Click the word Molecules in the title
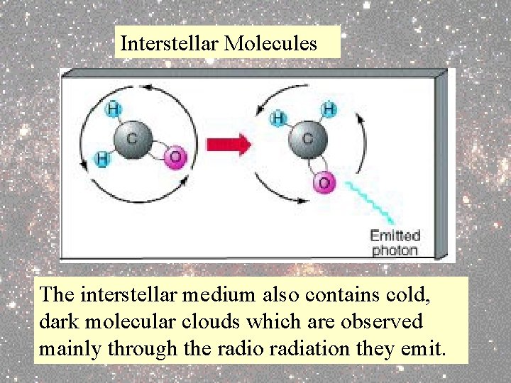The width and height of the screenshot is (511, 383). tap(270, 43)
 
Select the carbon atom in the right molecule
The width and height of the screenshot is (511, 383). tap(306, 140)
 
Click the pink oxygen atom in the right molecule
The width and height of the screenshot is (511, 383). tap(324, 183)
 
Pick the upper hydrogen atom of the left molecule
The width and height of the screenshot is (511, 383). tap(114, 109)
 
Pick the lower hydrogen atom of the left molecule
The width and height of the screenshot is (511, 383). tap(103, 160)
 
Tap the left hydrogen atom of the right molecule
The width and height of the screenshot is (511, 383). tap(280, 117)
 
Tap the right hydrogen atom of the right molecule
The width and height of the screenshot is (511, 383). tap(329, 110)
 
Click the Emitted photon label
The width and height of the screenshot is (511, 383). tap(395, 243)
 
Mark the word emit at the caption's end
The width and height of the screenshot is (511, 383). tap(429, 348)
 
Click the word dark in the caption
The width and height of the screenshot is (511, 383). tap(59, 321)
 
